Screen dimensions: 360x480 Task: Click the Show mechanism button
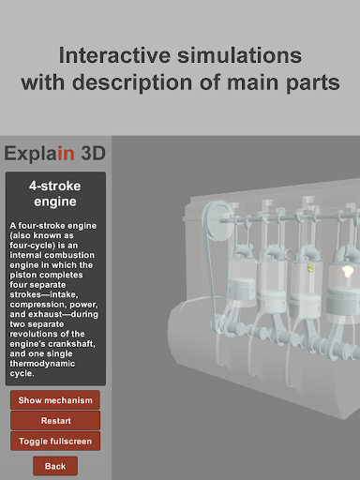55,400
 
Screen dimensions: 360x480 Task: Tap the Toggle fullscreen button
55,441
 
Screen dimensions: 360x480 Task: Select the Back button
55,466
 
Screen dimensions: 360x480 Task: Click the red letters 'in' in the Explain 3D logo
66,153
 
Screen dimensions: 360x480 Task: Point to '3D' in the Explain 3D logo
93,153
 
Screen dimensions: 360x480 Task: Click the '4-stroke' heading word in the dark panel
55,186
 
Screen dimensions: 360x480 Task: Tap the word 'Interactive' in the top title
114,55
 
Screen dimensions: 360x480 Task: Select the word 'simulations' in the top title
240,55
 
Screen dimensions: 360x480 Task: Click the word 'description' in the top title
132,82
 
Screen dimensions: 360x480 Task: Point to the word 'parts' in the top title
313,82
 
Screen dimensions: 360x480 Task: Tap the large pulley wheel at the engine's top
217,219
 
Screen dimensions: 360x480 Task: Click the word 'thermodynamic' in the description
42,364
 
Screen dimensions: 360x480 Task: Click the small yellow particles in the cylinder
311,268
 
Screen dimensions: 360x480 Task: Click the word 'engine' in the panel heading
55,202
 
